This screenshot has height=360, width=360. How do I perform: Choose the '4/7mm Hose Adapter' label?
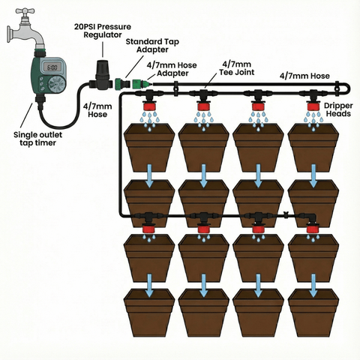coord(169,69)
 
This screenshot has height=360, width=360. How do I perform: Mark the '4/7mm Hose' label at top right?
coord(304,75)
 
